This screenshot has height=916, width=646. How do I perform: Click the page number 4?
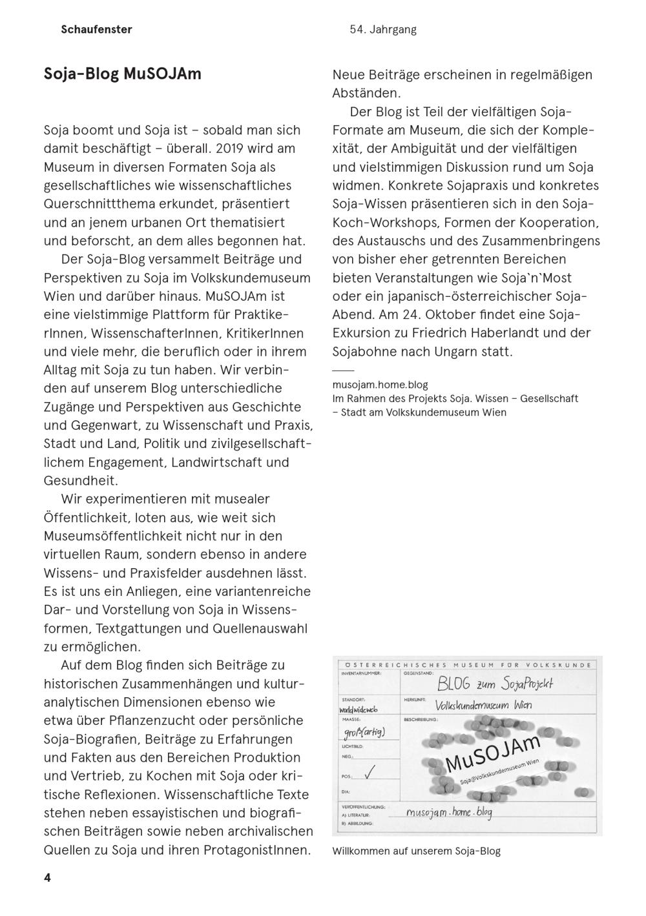[47, 878]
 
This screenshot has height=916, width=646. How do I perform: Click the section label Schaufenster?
[96, 29]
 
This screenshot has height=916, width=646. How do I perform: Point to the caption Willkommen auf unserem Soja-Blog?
[416, 851]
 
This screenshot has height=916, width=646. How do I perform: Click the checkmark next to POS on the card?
[370, 772]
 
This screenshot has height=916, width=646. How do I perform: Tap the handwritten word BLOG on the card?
[454, 684]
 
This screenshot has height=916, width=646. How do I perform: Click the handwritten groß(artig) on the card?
[364, 731]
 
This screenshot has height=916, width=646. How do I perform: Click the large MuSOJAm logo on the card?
[492, 753]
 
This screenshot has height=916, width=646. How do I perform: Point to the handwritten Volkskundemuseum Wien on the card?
[483, 706]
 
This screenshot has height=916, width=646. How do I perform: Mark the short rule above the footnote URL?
[343, 371]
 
